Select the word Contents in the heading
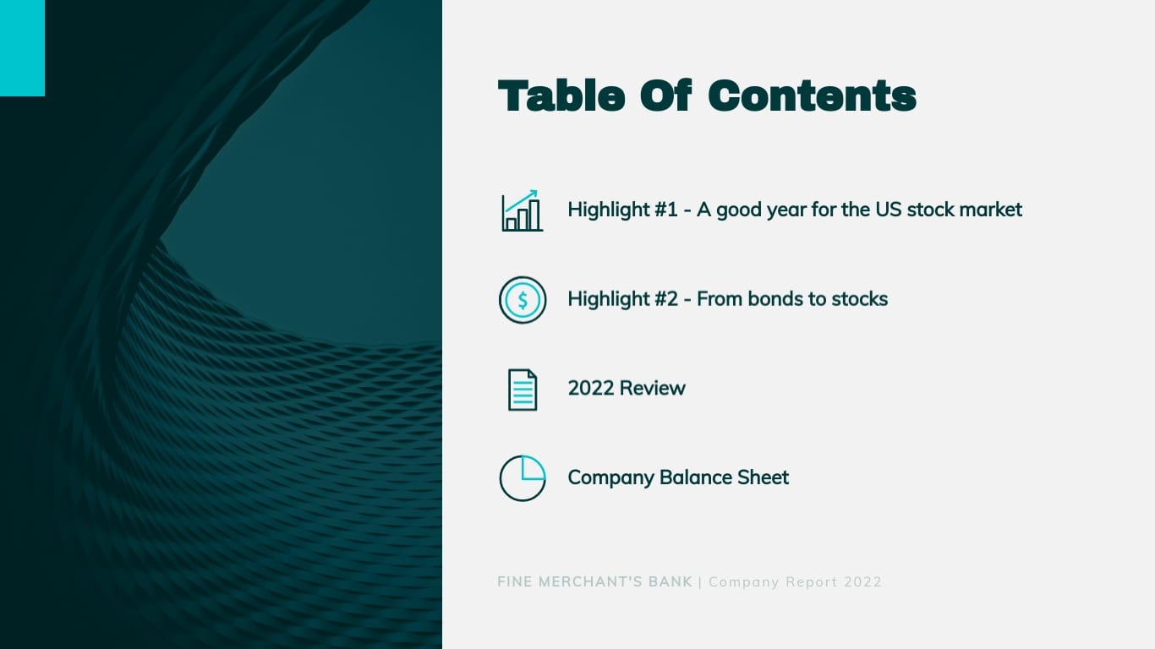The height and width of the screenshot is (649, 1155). [x=812, y=96]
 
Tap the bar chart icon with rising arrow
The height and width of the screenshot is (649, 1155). [x=522, y=210]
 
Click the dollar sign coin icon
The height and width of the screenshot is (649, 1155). [x=523, y=300]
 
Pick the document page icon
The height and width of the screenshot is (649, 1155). [x=523, y=390]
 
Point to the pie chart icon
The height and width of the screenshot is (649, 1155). [x=523, y=478]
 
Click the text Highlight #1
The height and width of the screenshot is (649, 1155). [x=622, y=210]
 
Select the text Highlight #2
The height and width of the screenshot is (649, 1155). [x=622, y=299]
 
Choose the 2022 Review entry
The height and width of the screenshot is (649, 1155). [x=627, y=389]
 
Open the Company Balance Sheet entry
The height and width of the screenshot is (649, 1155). [x=678, y=477]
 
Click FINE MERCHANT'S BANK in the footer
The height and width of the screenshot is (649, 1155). [x=594, y=582]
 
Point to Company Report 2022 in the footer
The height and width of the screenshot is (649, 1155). [x=796, y=582]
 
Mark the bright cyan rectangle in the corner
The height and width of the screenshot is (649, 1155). [x=22, y=48]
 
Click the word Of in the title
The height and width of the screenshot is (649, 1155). [x=666, y=96]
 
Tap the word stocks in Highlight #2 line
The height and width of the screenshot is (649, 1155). [x=859, y=299]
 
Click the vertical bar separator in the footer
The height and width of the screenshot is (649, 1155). [x=700, y=582]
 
